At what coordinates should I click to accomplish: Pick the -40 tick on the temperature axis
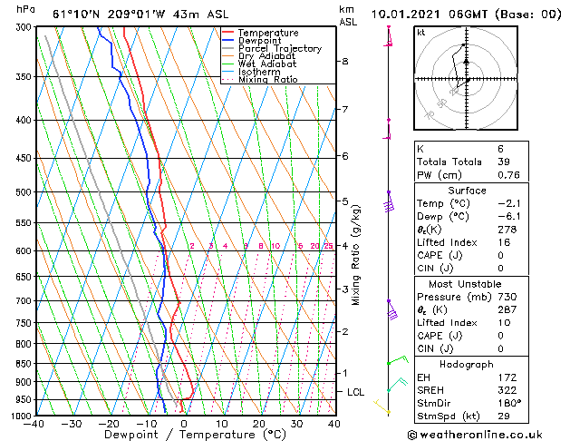[x=35, y=424]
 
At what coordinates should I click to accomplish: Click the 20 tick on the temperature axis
[x=259, y=424]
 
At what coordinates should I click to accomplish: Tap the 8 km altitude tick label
[x=345, y=62]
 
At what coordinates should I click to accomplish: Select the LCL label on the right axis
[x=356, y=392]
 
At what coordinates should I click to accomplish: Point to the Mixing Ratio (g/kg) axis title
[x=356, y=255]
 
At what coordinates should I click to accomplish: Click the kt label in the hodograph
[x=421, y=33]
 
